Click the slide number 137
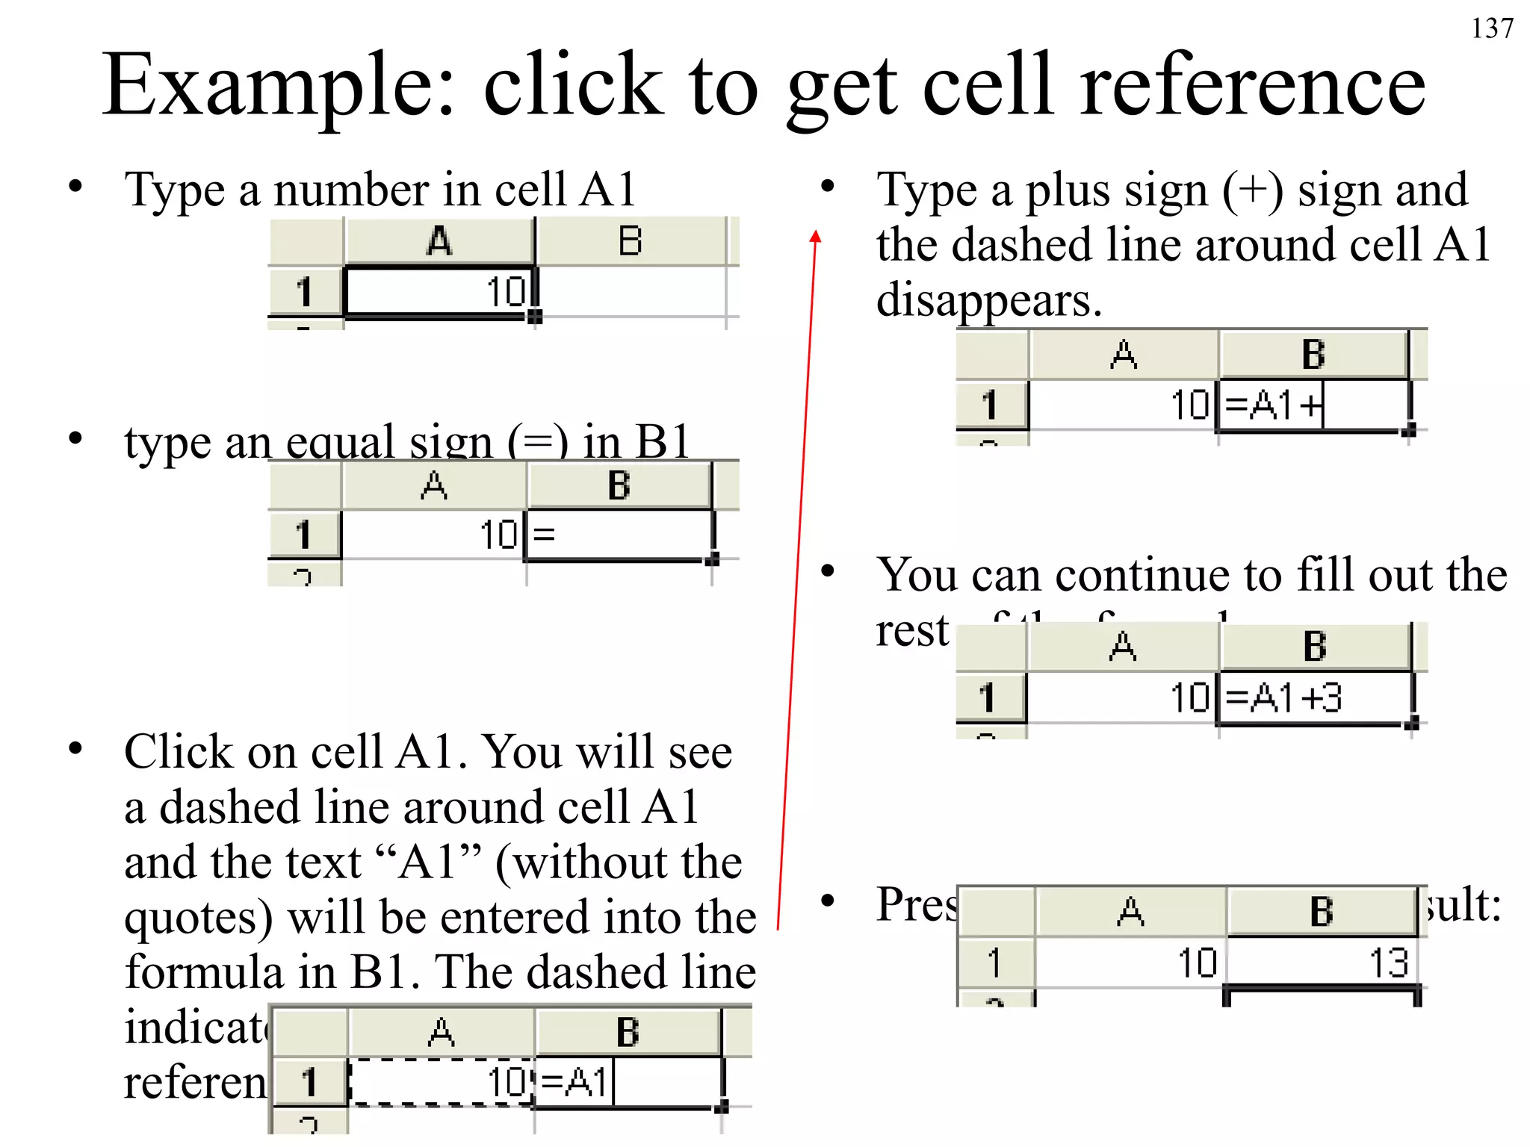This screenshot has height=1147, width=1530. pos(1491,28)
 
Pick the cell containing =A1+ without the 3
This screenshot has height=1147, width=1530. pos(1312,405)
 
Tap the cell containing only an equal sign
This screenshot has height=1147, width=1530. pos(619,535)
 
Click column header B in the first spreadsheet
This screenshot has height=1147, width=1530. pos(630,241)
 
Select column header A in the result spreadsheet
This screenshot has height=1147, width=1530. pos(1130,911)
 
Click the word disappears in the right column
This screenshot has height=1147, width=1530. pos(988,300)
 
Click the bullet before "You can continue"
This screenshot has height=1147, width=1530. pos(827,571)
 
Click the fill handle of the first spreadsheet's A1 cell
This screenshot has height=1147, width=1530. pos(534,317)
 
